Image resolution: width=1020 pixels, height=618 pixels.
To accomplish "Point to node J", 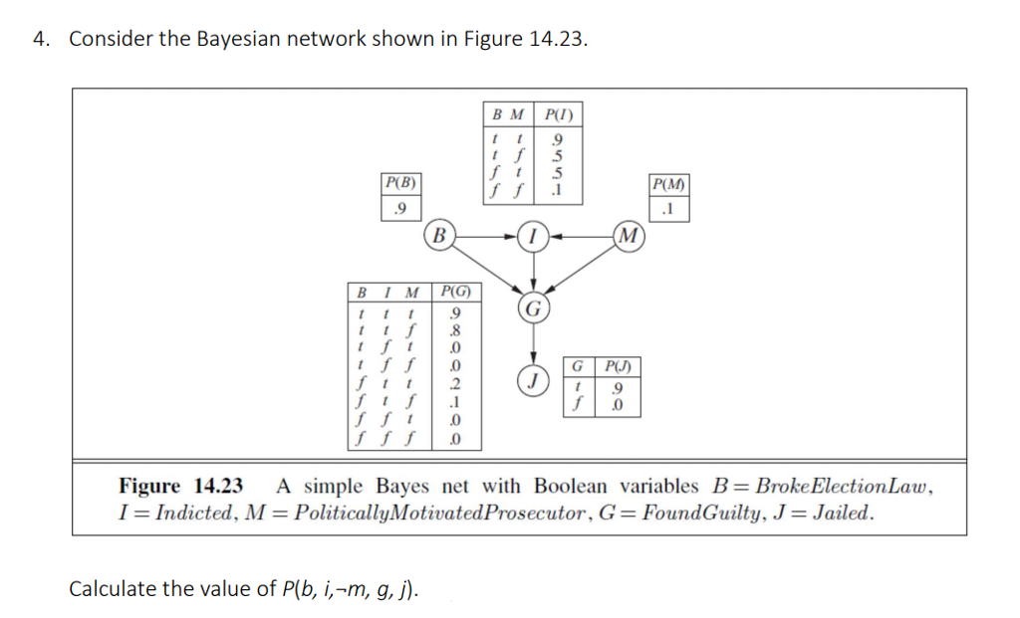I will click(534, 379).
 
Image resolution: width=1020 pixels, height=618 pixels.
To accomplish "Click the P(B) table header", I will click(399, 185).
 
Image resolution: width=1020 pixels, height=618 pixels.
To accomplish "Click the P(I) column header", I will click(557, 113).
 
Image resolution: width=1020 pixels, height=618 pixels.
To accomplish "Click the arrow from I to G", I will click(534, 271).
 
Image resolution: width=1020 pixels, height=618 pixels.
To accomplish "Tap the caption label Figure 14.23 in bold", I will click(181, 487).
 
